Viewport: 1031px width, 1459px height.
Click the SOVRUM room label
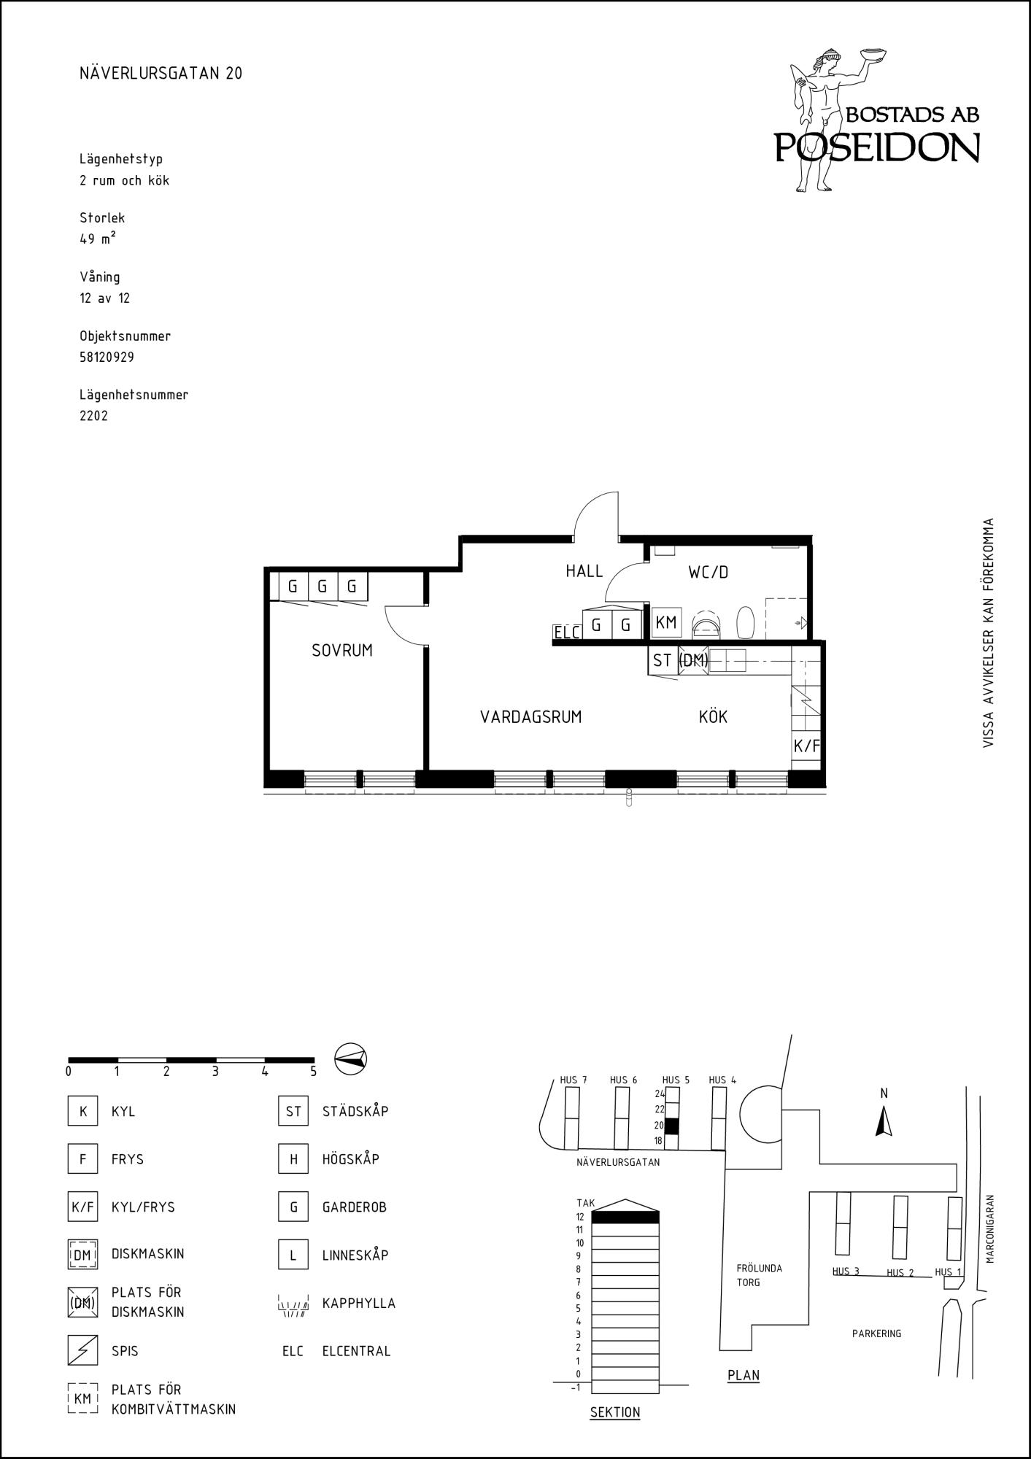coord(342,651)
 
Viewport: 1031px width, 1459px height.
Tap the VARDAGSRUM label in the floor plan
coord(531,717)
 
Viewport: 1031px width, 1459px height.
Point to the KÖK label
coord(713,716)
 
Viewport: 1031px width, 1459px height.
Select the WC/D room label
coord(708,573)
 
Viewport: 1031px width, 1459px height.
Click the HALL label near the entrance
coord(584,571)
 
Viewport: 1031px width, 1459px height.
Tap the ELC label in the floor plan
coord(567,632)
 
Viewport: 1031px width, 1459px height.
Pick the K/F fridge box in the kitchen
coord(807,746)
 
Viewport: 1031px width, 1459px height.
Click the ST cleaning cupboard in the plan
coord(663,661)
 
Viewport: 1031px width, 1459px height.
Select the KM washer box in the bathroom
coord(666,623)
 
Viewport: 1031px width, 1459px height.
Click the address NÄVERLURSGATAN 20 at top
coord(161,74)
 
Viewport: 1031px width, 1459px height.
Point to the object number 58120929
coord(107,357)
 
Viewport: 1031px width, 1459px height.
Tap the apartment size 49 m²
coord(98,239)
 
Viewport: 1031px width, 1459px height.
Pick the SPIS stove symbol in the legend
coord(82,1350)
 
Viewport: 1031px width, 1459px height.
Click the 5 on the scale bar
coord(314,1072)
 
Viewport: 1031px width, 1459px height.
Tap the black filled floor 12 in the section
coord(625,1217)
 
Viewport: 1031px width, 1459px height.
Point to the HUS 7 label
coord(574,1080)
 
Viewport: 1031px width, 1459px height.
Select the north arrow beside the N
coord(884,1121)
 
